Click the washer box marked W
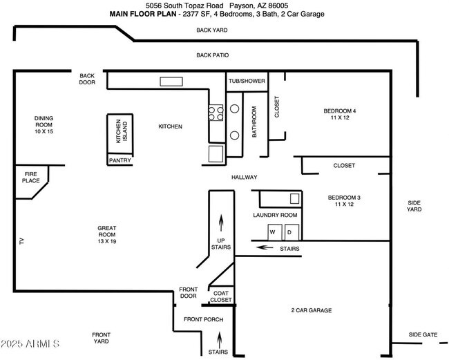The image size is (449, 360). click(x=274, y=231)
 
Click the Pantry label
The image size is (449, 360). click(x=120, y=160)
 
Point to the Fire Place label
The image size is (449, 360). click(x=31, y=178)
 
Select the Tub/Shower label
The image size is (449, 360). click(x=247, y=81)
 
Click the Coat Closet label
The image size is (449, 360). click(x=221, y=296)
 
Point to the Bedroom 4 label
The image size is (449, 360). click(x=340, y=115)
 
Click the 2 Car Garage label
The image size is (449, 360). click(x=311, y=311)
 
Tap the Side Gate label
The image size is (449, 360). click(x=423, y=334)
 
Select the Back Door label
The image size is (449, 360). click(x=87, y=79)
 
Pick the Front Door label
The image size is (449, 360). click(x=189, y=292)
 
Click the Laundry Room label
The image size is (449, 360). click(x=274, y=215)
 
